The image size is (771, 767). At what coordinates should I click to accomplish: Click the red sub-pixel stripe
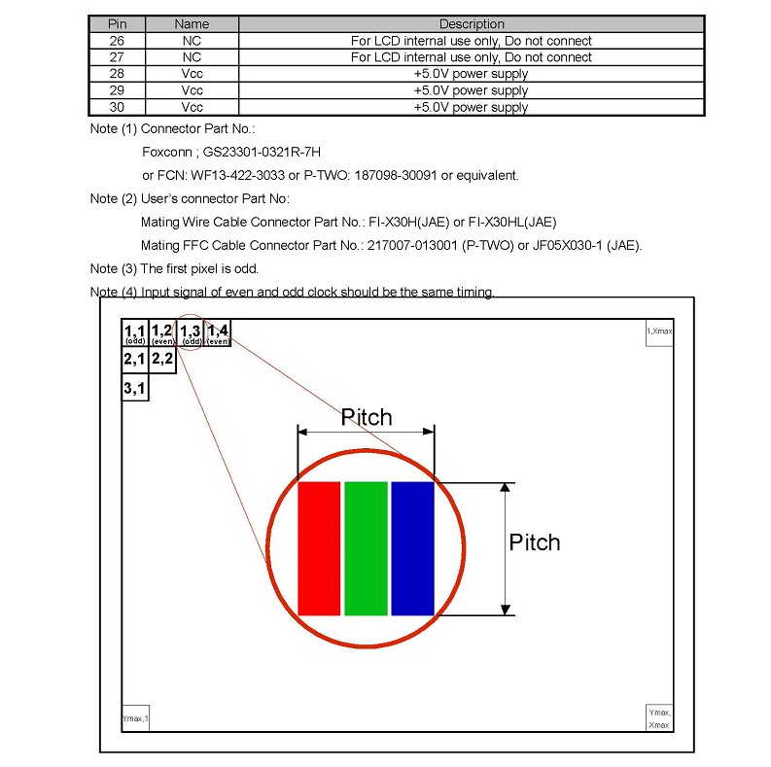(x=318, y=547)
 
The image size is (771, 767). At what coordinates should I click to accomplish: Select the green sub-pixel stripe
(x=365, y=547)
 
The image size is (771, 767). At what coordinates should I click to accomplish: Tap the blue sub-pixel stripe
(x=411, y=547)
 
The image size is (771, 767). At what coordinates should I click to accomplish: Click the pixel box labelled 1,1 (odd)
(x=134, y=333)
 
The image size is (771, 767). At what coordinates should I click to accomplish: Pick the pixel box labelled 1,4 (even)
(x=218, y=333)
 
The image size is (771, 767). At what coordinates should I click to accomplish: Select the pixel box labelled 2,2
(x=161, y=360)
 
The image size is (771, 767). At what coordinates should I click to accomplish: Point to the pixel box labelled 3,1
(x=134, y=389)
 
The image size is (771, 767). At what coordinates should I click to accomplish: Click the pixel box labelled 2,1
(x=134, y=360)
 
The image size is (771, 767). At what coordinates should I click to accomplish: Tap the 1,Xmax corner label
(x=659, y=332)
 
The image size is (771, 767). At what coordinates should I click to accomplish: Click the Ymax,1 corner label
(x=135, y=718)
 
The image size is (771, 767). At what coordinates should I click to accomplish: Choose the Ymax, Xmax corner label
(x=659, y=718)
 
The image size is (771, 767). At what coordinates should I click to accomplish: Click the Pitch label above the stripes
(x=366, y=417)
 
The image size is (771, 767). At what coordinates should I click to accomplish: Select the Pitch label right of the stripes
(x=535, y=541)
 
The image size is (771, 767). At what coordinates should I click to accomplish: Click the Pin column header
(x=117, y=24)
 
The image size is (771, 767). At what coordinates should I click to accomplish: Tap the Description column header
(x=472, y=24)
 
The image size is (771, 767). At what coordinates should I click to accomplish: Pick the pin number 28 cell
(x=117, y=74)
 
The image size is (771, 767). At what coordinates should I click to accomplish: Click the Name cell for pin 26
(x=192, y=41)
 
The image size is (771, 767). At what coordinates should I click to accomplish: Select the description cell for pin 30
(x=472, y=107)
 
